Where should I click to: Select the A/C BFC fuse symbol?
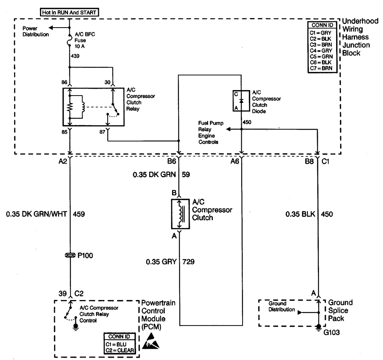[70, 40]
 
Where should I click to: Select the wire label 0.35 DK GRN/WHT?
[36, 214]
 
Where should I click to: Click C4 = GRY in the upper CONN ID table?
[321, 50]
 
